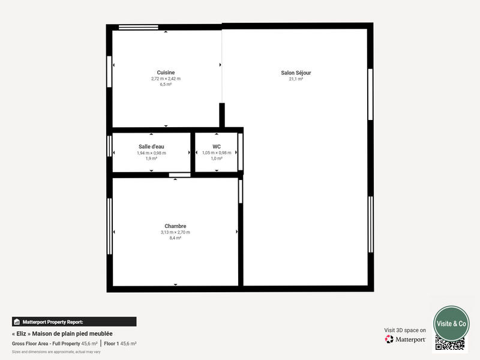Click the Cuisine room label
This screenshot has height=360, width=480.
[166, 73]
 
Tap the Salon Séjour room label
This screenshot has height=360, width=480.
[296, 73]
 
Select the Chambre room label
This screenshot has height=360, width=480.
[175, 226]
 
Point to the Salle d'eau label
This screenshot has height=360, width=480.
[151, 146]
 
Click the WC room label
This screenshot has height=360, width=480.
[217, 146]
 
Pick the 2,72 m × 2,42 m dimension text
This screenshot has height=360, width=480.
[166, 79]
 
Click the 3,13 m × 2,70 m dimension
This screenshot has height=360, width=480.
[175, 232]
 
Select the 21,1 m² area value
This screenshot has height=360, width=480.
[296, 79]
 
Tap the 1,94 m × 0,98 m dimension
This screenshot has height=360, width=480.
[151, 153]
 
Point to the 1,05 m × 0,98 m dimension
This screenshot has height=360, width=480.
[217, 153]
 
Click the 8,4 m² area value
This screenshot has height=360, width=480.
[175, 238]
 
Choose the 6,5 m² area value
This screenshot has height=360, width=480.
[166, 85]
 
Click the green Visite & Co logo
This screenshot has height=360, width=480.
[451, 323]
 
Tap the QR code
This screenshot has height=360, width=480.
[450, 344]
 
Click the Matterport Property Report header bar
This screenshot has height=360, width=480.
[74, 322]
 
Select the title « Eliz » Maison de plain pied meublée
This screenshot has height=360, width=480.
[62, 334]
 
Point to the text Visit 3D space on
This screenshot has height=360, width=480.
[405, 330]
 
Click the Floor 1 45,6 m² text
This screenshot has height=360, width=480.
[120, 344]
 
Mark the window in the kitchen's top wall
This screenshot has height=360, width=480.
[139, 26]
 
